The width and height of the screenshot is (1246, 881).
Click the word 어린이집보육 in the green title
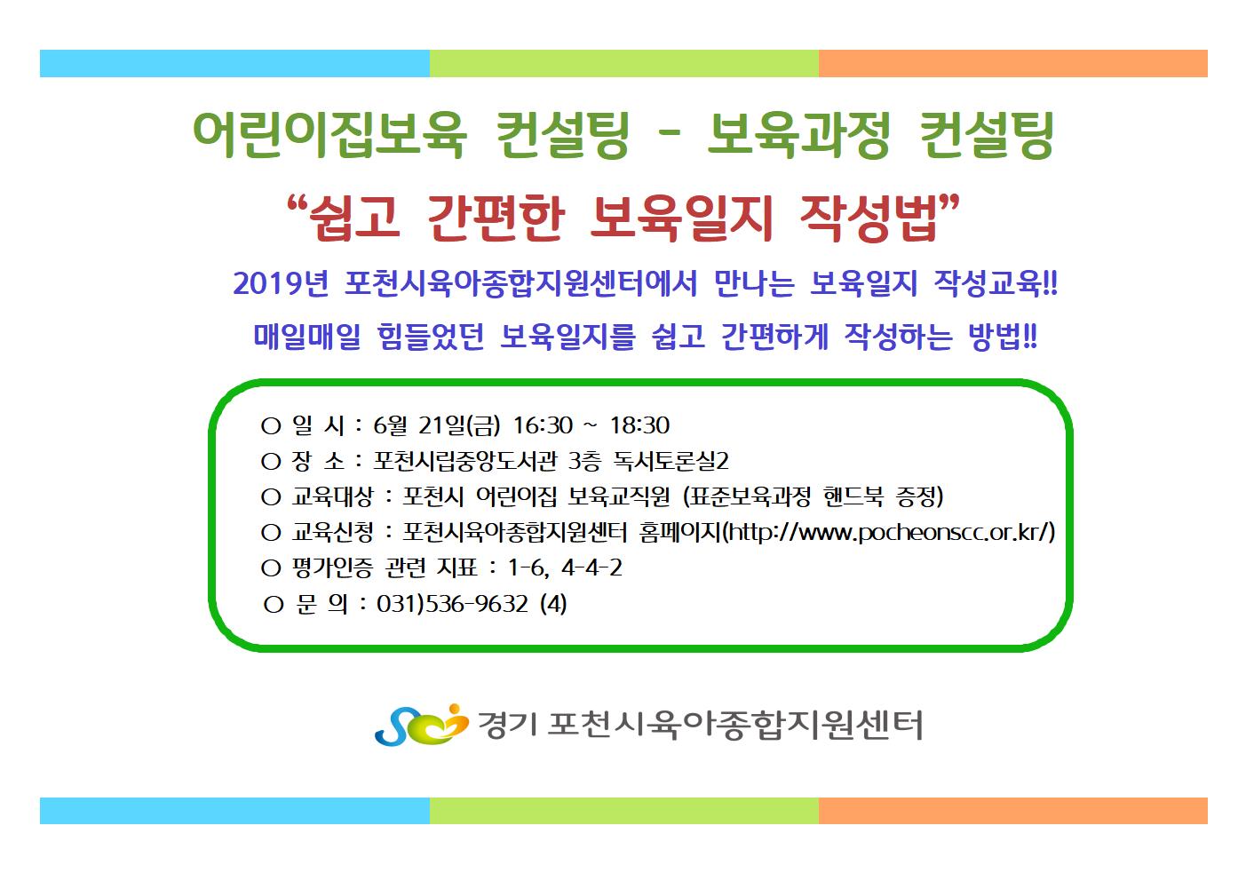(x=329, y=134)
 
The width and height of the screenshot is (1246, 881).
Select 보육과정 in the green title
(x=798, y=134)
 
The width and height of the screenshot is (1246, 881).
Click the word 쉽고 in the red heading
(x=353, y=218)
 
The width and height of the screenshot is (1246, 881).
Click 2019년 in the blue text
(x=281, y=283)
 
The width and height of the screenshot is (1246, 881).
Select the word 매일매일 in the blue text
(x=307, y=336)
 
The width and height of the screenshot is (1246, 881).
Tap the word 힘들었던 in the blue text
(x=431, y=336)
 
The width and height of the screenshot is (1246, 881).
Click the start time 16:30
(x=543, y=425)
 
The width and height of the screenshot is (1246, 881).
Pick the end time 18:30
(x=639, y=425)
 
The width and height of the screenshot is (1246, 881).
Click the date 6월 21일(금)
(x=437, y=425)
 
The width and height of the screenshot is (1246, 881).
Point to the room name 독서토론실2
(x=671, y=461)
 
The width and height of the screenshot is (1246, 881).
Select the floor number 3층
(x=584, y=461)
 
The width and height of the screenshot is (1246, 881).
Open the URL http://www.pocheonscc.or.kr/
(x=889, y=532)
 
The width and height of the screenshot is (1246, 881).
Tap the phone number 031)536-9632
(x=452, y=603)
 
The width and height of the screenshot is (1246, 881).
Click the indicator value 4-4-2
(x=591, y=567)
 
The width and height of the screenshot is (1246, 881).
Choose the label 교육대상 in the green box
(x=332, y=496)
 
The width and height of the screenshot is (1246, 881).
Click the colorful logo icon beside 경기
(x=422, y=724)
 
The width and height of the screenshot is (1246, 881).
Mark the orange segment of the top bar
(x=1013, y=63)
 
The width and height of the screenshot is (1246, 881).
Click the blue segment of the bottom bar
(x=234, y=810)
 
